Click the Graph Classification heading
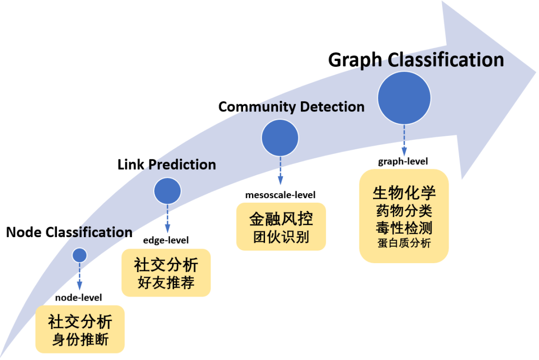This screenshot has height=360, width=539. (416, 60)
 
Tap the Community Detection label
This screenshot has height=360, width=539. (291, 107)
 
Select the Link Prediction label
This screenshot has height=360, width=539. (167, 164)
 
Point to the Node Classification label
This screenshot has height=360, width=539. (69, 232)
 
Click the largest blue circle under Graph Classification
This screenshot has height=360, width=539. (404, 98)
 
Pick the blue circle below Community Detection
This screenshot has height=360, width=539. (280, 138)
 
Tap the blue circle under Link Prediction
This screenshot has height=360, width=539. (167, 190)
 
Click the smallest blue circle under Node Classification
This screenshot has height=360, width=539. (79, 255)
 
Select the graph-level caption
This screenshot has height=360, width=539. (403, 161)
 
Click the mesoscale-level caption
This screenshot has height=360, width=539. (280, 194)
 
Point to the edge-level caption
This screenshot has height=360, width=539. (166, 240)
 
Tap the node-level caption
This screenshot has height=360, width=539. (78, 298)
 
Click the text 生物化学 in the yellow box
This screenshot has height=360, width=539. (404, 193)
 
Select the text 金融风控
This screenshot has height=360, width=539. (281, 219)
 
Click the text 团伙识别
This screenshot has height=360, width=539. (281, 237)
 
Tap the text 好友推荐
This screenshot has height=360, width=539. (166, 283)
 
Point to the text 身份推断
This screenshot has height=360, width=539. (80, 340)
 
